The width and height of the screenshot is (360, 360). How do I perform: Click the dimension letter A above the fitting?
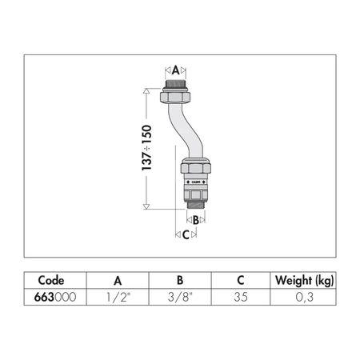[175, 70]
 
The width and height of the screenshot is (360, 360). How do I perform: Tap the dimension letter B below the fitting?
[196, 220]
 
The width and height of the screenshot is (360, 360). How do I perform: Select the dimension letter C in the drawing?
[186, 235]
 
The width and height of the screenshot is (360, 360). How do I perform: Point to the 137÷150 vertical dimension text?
[146, 147]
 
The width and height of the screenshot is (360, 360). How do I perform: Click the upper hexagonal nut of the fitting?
[175, 97]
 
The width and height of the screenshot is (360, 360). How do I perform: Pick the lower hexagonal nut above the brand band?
[196, 168]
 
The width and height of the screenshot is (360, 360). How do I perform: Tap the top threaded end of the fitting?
[175, 84]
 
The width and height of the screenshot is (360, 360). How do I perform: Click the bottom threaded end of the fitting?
[196, 206]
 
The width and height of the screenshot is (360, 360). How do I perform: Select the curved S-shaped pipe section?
[186, 130]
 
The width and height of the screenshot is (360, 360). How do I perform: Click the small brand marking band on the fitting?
[195, 182]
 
